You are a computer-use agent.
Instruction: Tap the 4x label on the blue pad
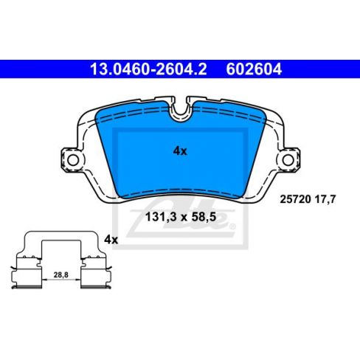(x=180, y=150)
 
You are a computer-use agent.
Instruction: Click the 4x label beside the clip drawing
(x=111, y=240)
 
